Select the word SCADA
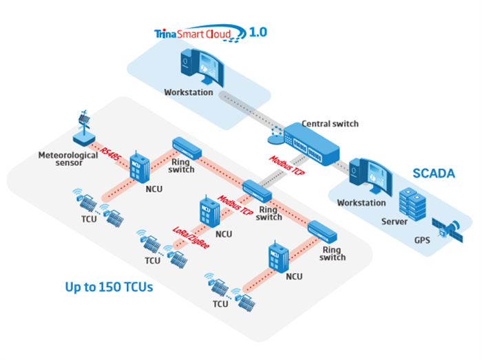click(434, 173)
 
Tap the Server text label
click(395, 222)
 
